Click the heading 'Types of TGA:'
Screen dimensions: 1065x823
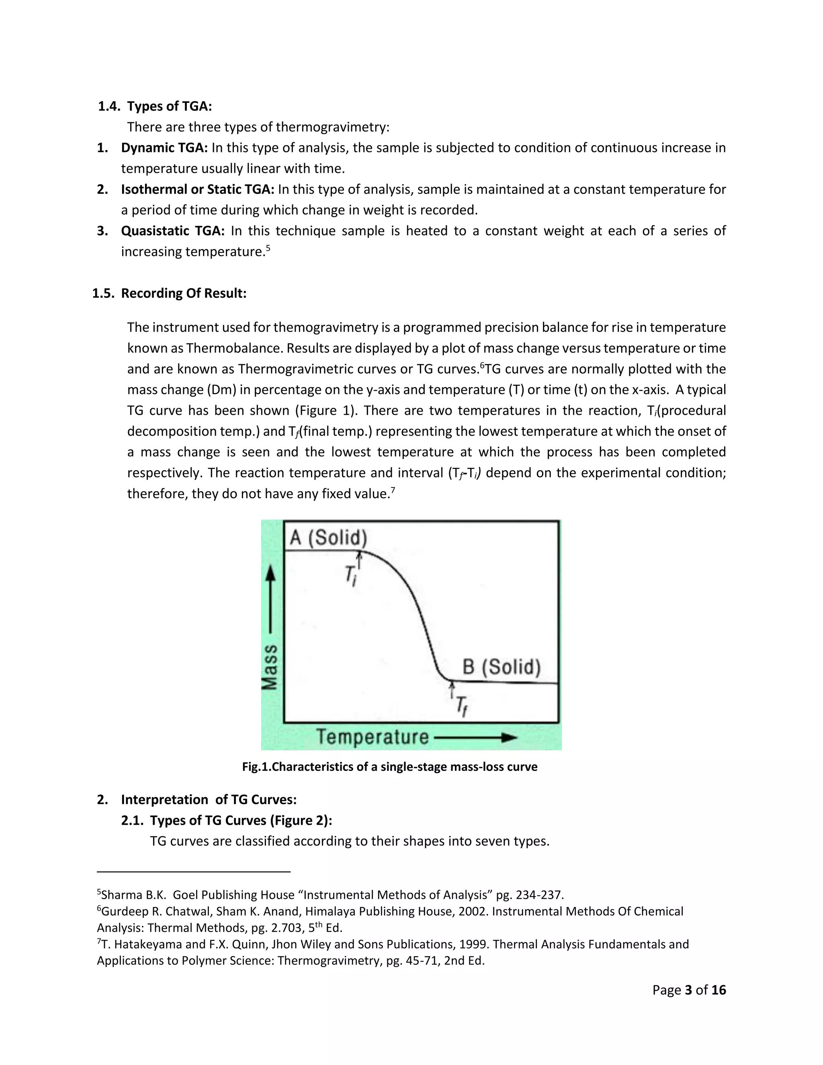click(x=169, y=106)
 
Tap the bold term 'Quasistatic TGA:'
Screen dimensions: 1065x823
click(x=172, y=231)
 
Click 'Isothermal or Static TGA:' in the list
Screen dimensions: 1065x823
click(x=197, y=189)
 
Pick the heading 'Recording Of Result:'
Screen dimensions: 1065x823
click(x=183, y=293)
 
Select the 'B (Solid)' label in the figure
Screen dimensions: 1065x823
click(x=501, y=667)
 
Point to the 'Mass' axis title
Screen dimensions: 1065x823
click(x=270, y=667)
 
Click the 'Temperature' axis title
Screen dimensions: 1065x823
click(x=373, y=736)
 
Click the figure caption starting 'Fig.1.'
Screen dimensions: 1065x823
click(x=389, y=766)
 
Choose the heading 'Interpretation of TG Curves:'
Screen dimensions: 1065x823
click(x=209, y=800)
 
